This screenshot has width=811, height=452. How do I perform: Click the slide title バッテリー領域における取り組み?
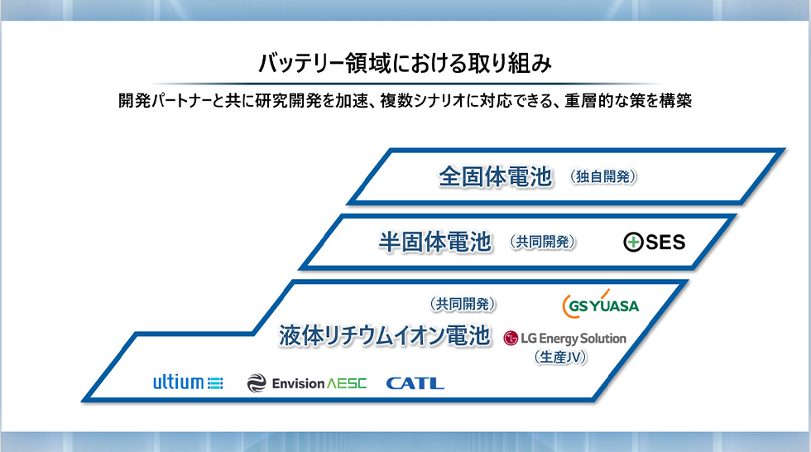point(405,63)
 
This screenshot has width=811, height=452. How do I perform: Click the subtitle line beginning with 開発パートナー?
point(405,100)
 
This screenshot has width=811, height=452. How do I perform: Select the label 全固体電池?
point(496,176)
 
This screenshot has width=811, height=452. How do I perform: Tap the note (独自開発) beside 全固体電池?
point(603,177)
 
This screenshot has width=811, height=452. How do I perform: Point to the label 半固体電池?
point(435,242)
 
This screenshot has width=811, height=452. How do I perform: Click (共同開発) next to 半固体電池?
point(543,242)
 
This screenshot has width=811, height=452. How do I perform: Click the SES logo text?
point(665,242)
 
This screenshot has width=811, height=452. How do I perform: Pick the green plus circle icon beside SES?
point(633,242)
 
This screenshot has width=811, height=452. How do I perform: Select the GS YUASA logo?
point(601,304)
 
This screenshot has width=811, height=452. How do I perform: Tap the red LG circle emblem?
point(511,339)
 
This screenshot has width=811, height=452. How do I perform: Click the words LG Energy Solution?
point(573,339)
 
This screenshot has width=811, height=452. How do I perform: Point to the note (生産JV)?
point(560,358)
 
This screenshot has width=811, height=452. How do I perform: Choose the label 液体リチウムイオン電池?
point(384,335)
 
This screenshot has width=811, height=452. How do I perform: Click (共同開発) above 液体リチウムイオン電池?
point(463,304)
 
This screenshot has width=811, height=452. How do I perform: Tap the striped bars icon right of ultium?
point(215,383)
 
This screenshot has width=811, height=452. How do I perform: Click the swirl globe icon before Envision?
point(257,383)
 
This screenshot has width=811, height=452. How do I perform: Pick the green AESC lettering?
point(347,384)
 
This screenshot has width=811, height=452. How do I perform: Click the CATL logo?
point(415,383)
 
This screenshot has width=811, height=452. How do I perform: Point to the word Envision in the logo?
point(299,384)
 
